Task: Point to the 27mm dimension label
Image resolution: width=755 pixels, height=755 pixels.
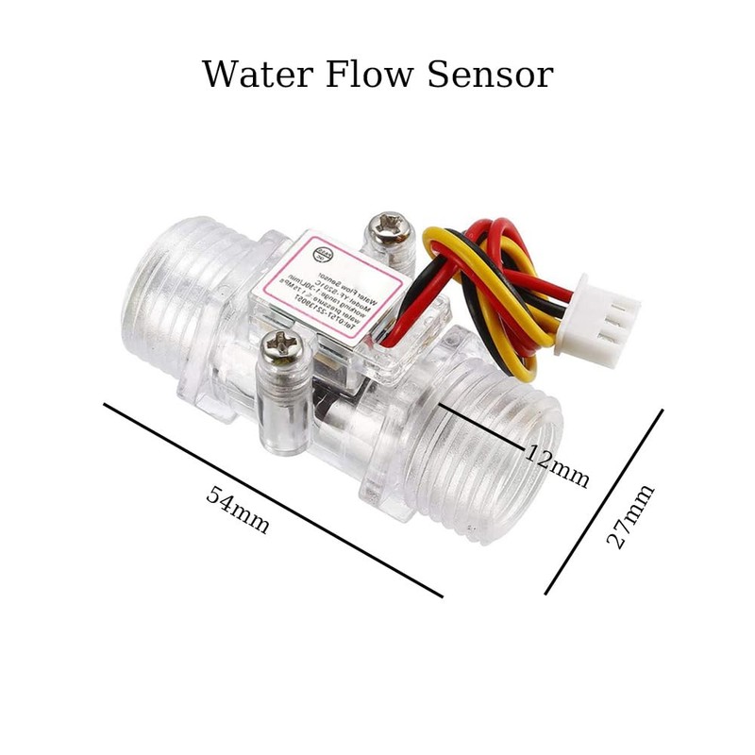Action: tap(629, 517)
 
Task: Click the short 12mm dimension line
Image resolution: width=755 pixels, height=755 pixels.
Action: tap(481, 427)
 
